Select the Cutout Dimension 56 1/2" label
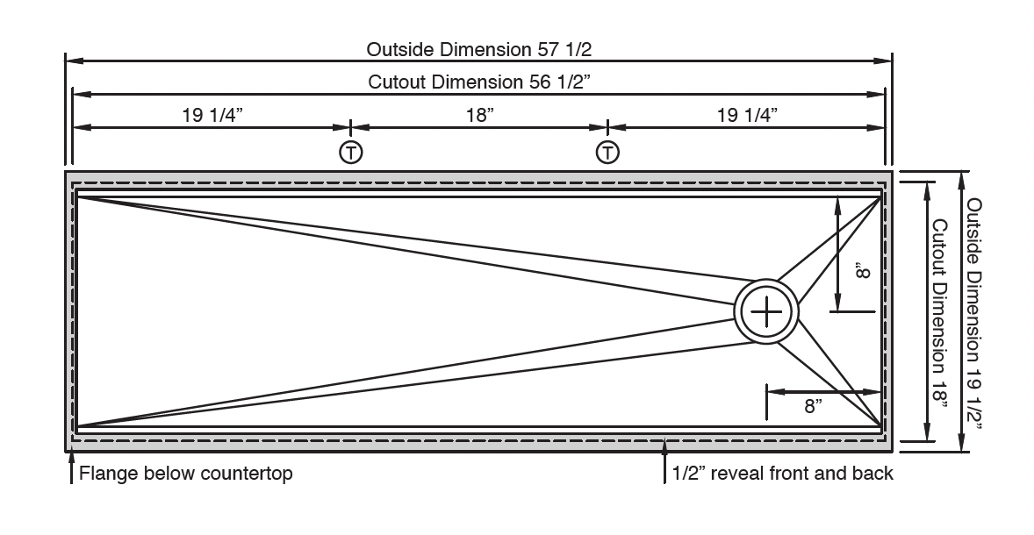(x=478, y=82)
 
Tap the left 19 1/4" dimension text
(x=212, y=115)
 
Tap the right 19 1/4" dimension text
(x=747, y=115)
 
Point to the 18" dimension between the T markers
(x=480, y=115)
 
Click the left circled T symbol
(x=350, y=152)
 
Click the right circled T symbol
(x=607, y=152)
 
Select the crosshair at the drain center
(x=767, y=311)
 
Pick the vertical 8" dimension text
(x=863, y=274)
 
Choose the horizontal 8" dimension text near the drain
(x=813, y=406)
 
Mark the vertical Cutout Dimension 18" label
(x=940, y=312)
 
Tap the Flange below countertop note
(x=186, y=474)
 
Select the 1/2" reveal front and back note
(x=782, y=474)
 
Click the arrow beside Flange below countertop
(x=72, y=470)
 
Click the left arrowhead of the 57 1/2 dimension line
(x=73, y=61)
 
